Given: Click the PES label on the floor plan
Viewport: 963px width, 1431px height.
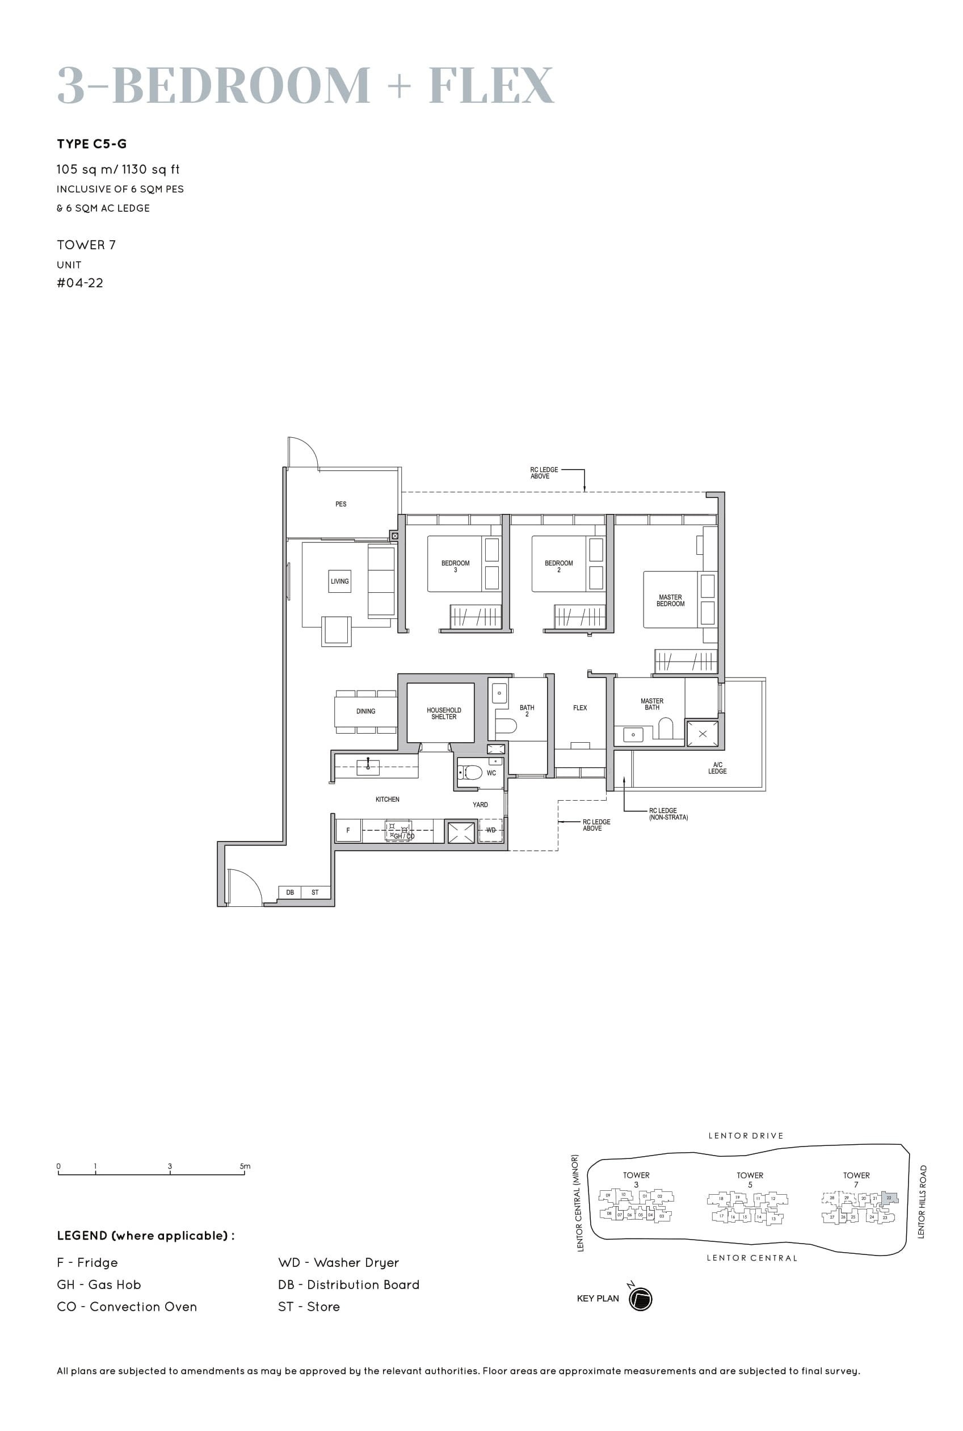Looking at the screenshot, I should point(341,504).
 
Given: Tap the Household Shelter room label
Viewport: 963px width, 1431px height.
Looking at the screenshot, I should point(443,713).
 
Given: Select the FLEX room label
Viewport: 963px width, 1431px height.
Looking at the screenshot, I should point(580,708).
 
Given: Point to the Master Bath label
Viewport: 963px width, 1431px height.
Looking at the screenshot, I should point(651,704).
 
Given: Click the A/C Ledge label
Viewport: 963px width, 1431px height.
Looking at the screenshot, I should point(717,768).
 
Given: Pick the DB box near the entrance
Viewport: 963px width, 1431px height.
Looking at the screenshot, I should point(290,892).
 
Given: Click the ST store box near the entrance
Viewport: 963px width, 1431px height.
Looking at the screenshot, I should point(315,892).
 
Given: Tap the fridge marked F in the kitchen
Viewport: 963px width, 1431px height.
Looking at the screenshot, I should point(348,830).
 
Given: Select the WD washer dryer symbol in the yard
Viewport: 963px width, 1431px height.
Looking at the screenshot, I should point(491,830).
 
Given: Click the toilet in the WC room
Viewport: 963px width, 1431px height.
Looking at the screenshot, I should point(470,772).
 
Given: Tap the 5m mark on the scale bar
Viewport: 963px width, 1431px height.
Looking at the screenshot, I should point(245,1166).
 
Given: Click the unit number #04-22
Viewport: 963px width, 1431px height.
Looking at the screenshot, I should point(80,283).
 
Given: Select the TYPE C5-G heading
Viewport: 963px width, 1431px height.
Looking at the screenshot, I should point(91,144).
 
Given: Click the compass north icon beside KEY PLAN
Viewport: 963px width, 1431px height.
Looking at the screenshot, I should point(640,1299).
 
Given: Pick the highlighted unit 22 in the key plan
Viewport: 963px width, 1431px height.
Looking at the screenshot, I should point(889,1198).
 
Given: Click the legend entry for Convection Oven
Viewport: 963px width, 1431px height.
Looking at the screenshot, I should point(127,1307).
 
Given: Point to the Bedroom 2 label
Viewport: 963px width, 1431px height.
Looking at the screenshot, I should point(558,566).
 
